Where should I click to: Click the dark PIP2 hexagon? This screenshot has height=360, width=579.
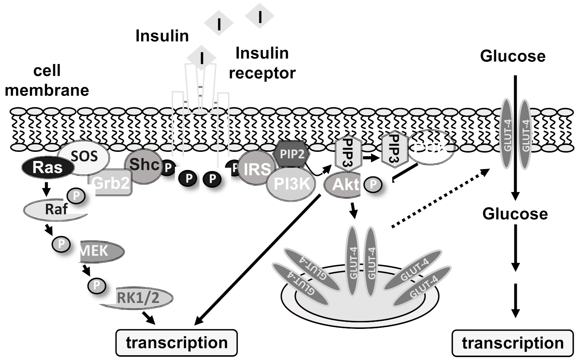click(292, 154)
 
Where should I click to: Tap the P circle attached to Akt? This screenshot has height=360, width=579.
click(373, 184)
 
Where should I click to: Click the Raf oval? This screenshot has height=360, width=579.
click(55, 210)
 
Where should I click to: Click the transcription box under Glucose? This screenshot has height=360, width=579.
click(512, 343)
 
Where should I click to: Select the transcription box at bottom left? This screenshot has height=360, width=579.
click(177, 343)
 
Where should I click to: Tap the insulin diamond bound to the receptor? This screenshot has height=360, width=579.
click(201, 58)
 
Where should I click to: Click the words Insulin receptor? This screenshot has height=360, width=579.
click(262, 63)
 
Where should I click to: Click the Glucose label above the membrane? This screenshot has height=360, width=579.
click(512, 56)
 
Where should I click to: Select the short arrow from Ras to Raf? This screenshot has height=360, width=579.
click(46, 189)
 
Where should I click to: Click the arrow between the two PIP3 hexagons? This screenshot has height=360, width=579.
click(370, 158)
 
